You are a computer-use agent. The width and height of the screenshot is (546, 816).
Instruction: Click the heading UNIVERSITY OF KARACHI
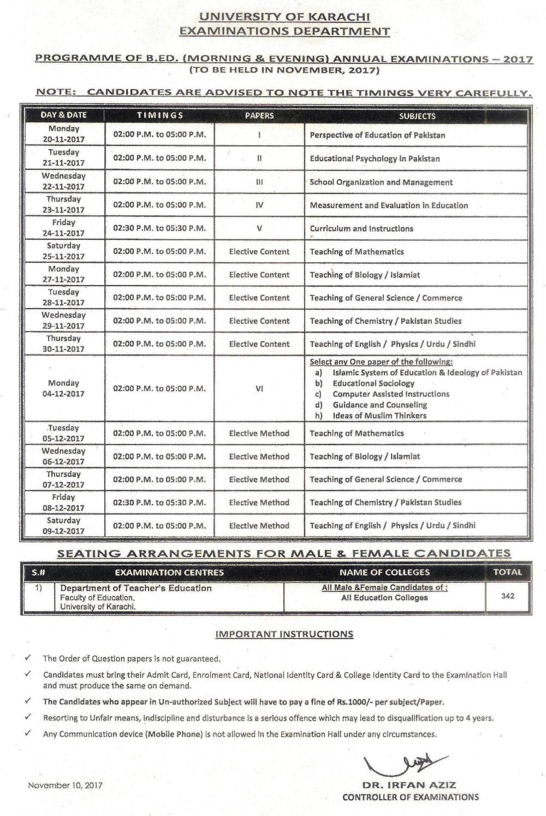tap(284, 17)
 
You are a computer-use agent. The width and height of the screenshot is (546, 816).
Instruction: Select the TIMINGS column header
tap(159, 116)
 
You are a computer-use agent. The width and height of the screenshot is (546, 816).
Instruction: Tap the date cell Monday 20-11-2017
tap(63, 134)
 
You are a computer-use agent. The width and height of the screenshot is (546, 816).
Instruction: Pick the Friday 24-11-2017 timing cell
tap(159, 228)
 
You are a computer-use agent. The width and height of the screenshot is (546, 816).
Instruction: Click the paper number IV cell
tap(259, 205)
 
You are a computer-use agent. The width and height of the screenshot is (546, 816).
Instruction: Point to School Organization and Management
tap(381, 182)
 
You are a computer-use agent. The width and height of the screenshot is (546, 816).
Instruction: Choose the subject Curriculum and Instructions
tap(361, 228)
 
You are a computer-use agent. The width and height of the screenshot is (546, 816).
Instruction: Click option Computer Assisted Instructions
tap(391, 394)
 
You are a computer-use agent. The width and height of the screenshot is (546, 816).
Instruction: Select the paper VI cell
tap(259, 389)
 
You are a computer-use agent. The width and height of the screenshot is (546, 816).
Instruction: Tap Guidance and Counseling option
tap(379, 405)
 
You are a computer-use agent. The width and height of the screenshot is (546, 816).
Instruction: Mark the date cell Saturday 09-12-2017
tap(63, 525)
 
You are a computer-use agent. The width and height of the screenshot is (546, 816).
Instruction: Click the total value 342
tap(508, 596)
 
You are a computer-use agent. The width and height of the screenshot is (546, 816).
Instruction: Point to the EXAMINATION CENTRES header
tap(169, 572)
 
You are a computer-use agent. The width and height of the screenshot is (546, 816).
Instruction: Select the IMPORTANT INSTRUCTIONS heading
tap(284, 634)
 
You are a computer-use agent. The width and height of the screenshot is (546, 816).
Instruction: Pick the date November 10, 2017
tap(66, 786)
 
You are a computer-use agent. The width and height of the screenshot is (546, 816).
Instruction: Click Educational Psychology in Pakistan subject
tap(375, 158)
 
